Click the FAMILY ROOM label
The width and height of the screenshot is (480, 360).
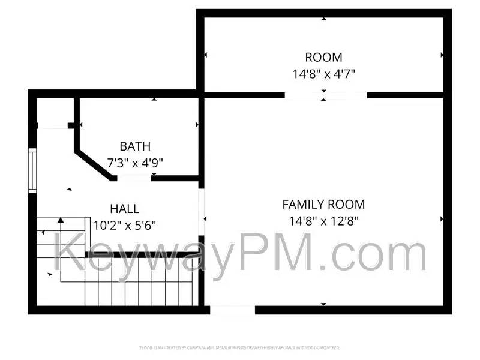(x=323, y=205)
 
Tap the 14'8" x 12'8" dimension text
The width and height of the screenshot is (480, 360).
(x=323, y=220)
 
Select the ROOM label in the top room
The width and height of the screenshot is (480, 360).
(x=323, y=58)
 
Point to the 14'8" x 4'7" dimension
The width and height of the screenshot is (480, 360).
(x=323, y=74)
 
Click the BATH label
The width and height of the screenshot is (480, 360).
(x=135, y=146)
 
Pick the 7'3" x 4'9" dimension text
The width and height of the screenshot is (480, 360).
(x=135, y=162)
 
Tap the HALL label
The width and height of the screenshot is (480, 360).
(x=124, y=209)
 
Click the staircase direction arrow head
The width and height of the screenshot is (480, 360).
(x=61, y=221)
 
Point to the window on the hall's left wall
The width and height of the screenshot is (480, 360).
(x=32, y=171)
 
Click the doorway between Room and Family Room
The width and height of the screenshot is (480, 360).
(x=325, y=95)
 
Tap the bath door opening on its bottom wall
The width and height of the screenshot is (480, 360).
(x=134, y=178)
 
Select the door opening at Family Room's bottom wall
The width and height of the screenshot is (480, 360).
(x=232, y=310)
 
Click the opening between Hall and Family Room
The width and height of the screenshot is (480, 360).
(x=202, y=213)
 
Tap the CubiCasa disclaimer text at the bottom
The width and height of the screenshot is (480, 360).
(x=240, y=347)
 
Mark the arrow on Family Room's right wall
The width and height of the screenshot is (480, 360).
(x=442, y=219)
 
